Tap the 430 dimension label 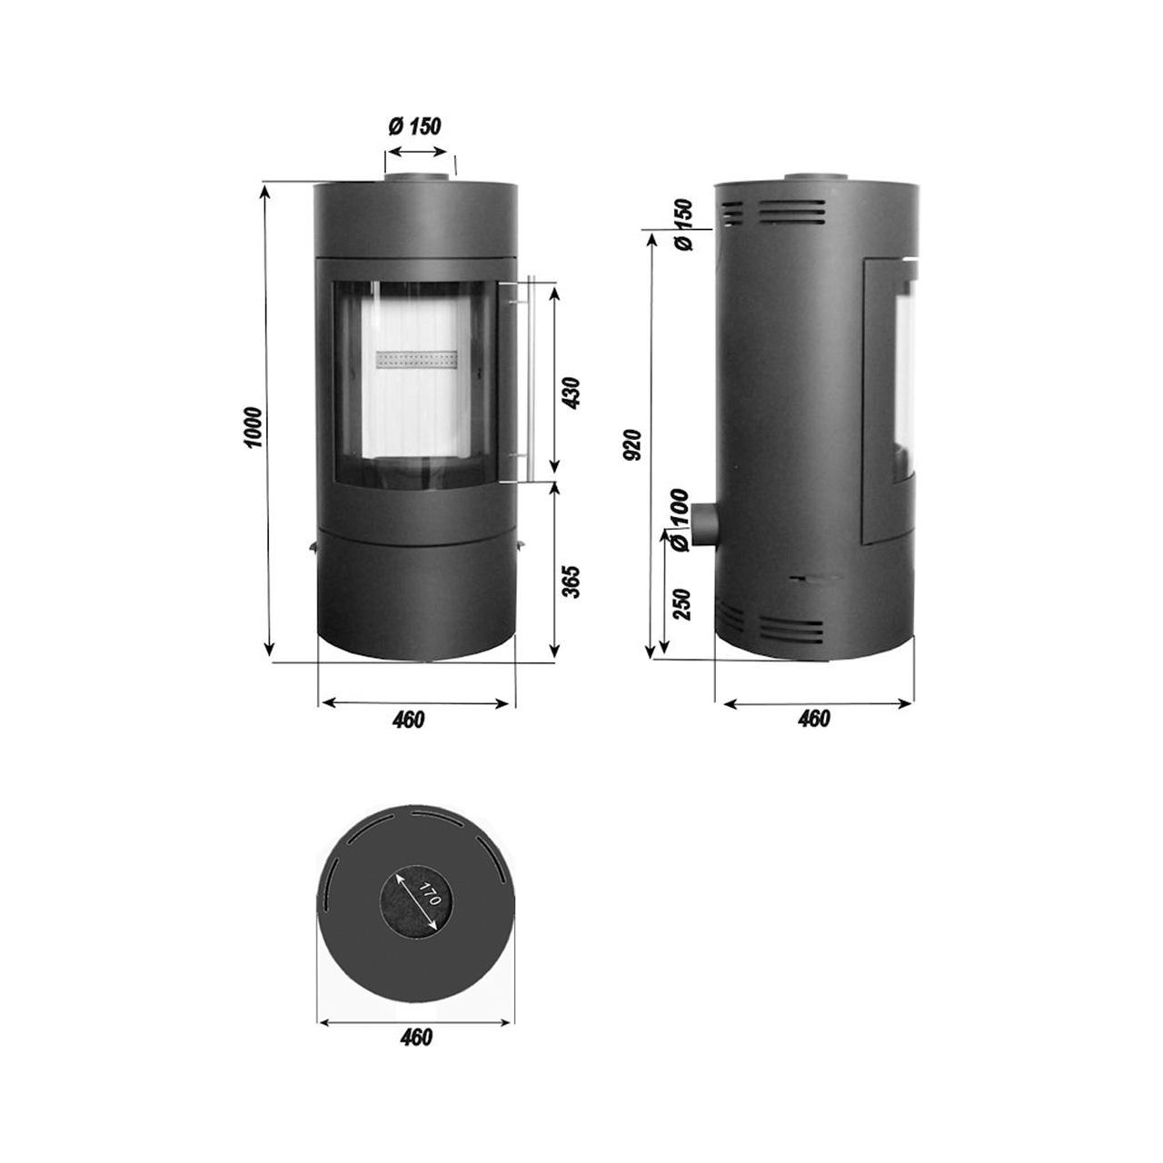pyautogui.click(x=571, y=393)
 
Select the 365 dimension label pyautogui.click(x=571, y=581)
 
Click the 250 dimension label pyautogui.click(x=681, y=604)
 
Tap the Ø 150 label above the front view pyautogui.click(x=414, y=126)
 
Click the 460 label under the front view pyautogui.click(x=409, y=720)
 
